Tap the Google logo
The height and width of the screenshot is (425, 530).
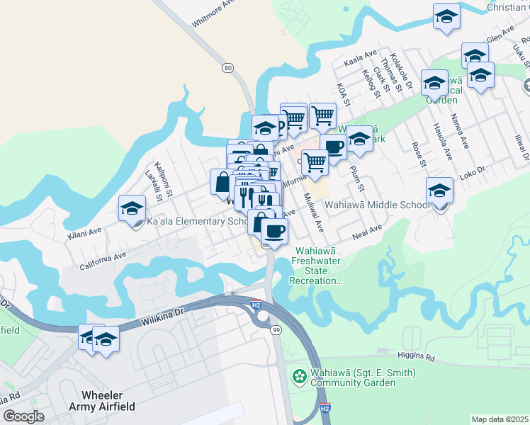pos(23,416)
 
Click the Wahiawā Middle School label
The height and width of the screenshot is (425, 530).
pos(377,205)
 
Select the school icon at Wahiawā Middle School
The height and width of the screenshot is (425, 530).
pos(440,191)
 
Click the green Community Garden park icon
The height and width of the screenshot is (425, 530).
pos(300,378)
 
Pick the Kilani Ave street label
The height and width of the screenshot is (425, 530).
pos(85,231)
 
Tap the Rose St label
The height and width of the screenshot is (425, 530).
pos(418,154)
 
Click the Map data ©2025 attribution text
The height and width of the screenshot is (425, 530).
pos(500,419)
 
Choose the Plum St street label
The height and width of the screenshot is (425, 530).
pos(356,178)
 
